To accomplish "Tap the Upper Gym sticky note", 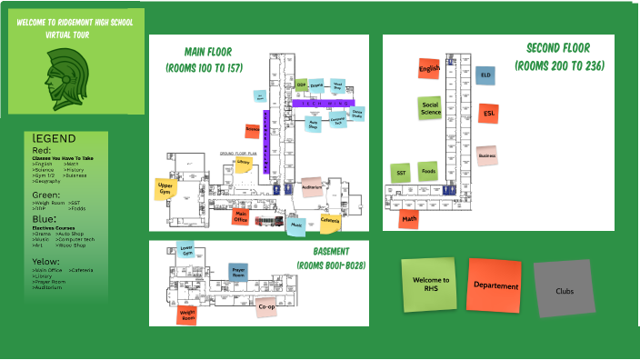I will pos(165,190).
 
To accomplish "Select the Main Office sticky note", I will pos(241,217).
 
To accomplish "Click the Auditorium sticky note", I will pos(312,187).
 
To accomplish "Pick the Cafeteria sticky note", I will pos(330,221).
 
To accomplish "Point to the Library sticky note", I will pos(243,163).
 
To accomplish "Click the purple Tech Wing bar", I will pos(327,105).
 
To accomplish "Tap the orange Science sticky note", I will pos(253,131).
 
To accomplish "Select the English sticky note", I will pos(429,69).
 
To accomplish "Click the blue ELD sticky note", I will pos(485,75).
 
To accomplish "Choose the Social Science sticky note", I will pos(430,108).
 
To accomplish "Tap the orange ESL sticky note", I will pos(488,114).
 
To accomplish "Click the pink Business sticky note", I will pos(487,155).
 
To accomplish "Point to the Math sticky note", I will pos(409,218).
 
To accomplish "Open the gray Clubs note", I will pos(564,290).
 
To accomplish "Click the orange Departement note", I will pos(495,285).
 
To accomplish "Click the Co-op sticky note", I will pos(266,307).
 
